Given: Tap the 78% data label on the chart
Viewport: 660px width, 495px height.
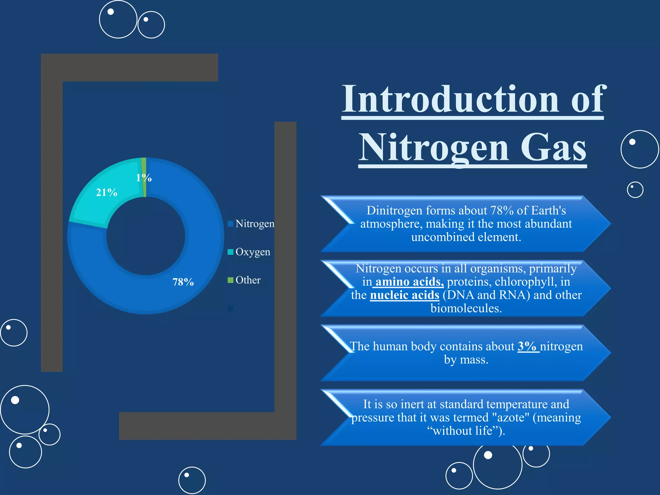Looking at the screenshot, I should click(x=183, y=282).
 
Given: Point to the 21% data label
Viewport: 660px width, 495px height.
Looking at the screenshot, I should click(x=107, y=192).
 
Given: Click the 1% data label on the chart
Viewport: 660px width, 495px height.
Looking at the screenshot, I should click(x=144, y=178).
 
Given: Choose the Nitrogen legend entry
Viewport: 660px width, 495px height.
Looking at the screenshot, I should click(x=255, y=224).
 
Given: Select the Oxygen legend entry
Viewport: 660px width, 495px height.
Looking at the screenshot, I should click(x=253, y=252).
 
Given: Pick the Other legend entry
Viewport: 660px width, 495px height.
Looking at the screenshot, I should click(x=248, y=280).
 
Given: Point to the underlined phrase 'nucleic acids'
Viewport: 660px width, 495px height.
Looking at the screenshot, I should click(x=404, y=295).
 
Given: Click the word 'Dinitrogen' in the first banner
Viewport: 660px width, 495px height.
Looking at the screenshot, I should click(x=394, y=210).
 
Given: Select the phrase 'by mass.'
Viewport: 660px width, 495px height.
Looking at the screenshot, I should click(x=466, y=359).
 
